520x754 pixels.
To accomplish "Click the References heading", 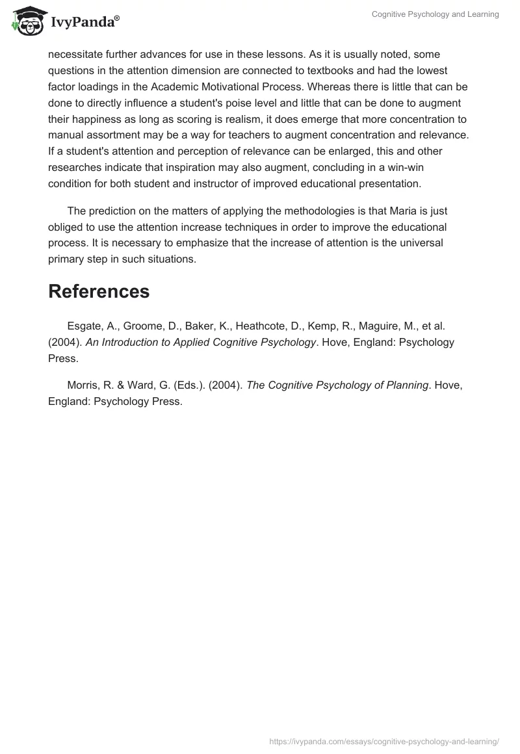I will pyautogui.click(x=99, y=292).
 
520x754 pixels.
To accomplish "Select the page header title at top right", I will pyautogui.click(x=435, y=14).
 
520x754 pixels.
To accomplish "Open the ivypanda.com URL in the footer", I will pyautogui.click(x=384, y=741).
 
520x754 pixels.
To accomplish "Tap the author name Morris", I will pyautogui.click(x=84, y=385).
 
